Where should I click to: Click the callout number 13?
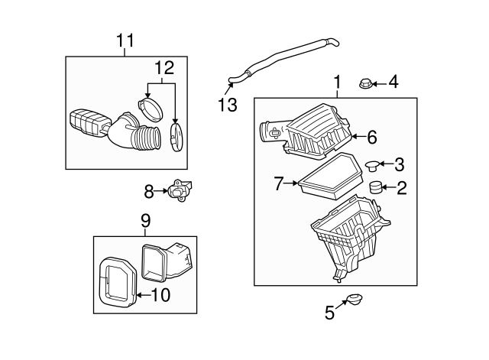pos(228,105)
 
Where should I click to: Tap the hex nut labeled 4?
pos(365,83)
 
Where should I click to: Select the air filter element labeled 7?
pos(331,177)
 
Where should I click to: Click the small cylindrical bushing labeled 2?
pos(376,187)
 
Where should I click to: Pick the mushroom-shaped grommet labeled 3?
pos(372,165)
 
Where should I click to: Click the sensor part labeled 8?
pos(180,190)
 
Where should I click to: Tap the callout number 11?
pos(125,41)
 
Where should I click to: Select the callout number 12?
pos(164,68)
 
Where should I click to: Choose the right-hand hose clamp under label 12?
pos(176,138)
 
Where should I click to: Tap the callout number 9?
pos(146,221)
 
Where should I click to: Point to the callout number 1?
pos(337,82)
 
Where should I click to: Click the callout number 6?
pos(372,137)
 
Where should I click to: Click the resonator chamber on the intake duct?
pos(89,123)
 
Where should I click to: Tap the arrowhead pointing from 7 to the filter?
pos(295,183)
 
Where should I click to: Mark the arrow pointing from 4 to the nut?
pos(379,83)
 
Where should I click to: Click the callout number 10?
pos(160,295)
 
